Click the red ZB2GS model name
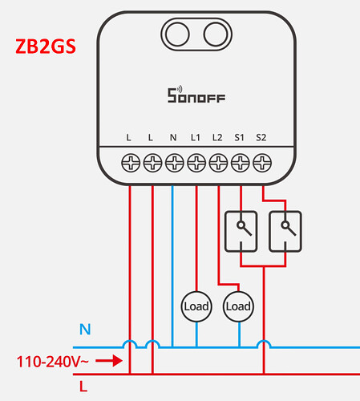[46, 47]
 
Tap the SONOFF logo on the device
[196, 95]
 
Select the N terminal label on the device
[173, 137]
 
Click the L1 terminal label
[196, 137]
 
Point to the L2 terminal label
[217, 137]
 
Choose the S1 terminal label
[240, 137]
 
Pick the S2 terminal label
[261, 137]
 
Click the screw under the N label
[175, 163]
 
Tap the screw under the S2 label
[262, 163]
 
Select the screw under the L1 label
[196, 163]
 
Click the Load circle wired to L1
[196, 306]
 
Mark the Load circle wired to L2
[238, 306]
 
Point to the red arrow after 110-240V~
[109, 361]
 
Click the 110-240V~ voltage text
[52, 362]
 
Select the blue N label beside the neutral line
[85, 330]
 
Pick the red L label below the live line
[83, 387]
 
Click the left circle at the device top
[177, 34]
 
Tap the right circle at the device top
[216, 34]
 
